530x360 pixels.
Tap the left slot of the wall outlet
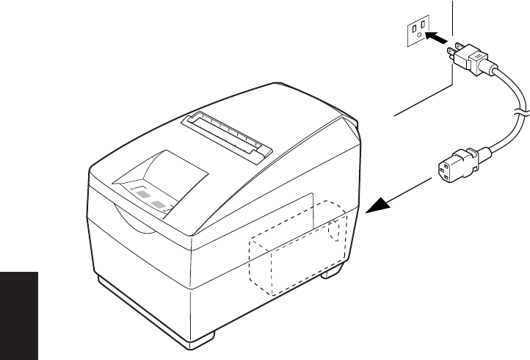(415, 28)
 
